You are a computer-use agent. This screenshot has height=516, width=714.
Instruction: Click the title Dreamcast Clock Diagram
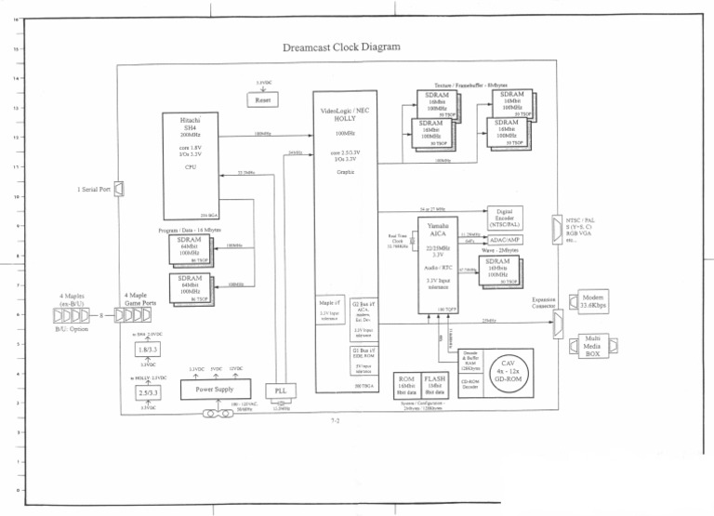pos(340,46)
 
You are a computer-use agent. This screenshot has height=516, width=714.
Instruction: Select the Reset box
pos(264,99)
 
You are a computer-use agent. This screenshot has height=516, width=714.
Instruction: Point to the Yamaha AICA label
pos(438,230)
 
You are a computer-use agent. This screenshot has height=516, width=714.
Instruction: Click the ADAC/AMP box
pos(504,240)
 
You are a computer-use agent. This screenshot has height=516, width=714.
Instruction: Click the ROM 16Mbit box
pos(405,385)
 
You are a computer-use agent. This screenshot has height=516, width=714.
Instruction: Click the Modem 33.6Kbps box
pos(596,300)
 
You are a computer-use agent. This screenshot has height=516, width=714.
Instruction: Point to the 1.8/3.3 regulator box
pos(147,350)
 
